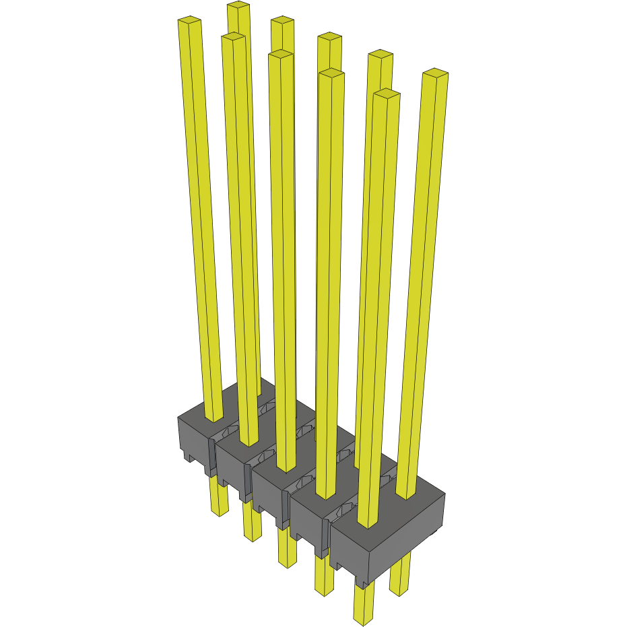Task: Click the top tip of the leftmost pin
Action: tap(190, 22)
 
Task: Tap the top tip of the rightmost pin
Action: tap(435, 73)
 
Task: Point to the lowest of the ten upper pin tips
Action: tap(387, 94)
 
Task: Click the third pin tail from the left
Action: tap(288, 549)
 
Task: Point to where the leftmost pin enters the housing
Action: tap(214, 418)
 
